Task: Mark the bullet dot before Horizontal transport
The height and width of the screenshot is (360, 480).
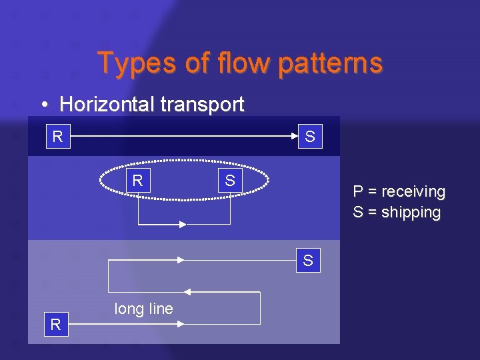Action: click(x=43, y=105)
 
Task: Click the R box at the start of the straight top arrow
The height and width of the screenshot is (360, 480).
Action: click(x=58, y=137)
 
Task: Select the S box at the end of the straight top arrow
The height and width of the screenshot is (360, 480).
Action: click(x=310, y=137)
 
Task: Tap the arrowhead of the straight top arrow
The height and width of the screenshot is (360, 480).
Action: click(x=294, y=136)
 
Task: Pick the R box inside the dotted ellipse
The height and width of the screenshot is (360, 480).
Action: click(x=138, y=181)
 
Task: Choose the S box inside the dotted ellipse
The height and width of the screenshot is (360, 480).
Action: click(x=230, y=181)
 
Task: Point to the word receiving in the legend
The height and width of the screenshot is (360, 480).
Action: click(x=413, y=192)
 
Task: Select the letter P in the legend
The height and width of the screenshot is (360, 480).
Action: click(x=358, y=192)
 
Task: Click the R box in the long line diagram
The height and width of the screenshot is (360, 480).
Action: click(x=56, y=325)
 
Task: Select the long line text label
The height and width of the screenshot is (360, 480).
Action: click(x=143, y=309)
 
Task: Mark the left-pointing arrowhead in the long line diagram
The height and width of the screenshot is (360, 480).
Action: click(x=187, y=292)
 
